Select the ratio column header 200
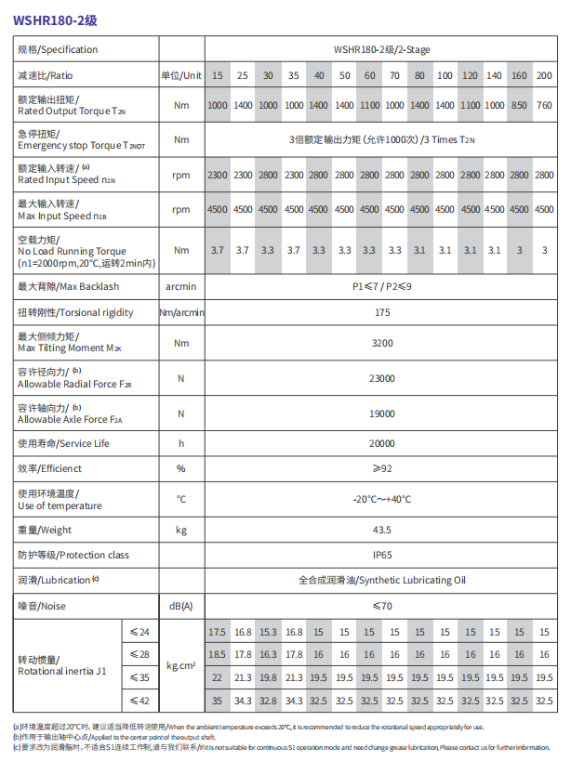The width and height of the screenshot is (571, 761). [x=544, y=75]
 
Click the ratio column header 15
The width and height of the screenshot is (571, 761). [x=217, y=75]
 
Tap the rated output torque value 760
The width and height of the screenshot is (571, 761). [x=544, y=106]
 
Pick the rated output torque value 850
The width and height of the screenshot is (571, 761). [x=520, y=106]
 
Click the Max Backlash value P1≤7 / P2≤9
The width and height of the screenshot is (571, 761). [x=381, y=287]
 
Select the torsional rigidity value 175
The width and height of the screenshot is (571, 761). [x=381, y=313]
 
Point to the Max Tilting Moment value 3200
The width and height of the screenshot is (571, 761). [x=381, y=344]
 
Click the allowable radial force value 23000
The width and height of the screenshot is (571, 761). [x=381, y=378]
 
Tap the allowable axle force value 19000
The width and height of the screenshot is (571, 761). [x=381, y=413]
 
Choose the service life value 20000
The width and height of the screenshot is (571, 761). [x=381, y=443]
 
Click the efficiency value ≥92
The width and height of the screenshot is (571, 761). [x=381, y=468]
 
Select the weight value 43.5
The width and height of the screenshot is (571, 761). [x=381, y=531]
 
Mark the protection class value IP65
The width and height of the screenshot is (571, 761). [x=381, y=556]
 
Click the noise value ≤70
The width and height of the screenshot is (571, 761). [x=381, y=606]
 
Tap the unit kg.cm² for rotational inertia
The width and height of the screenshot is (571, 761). [x=180, y=665]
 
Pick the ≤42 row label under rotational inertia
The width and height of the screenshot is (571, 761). [x=139, y=700]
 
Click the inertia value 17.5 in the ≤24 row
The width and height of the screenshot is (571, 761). [x=217, y=632]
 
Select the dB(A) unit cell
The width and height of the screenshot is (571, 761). [x=180, y=606]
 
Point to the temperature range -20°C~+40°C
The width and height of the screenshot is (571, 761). [x=381, y=500]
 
